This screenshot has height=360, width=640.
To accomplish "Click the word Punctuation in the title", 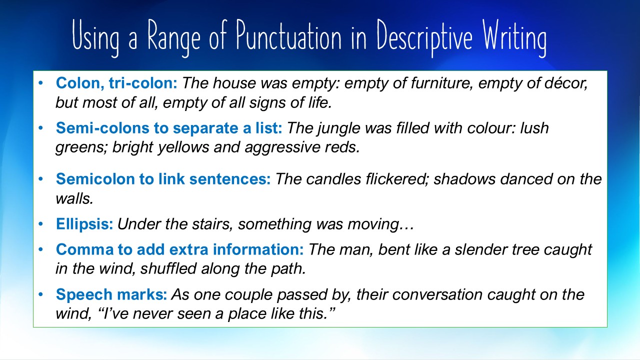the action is click(289, 37).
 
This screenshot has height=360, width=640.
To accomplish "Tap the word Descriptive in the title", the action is click(424, 37).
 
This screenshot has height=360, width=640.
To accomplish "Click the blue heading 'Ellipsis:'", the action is click(84, 223).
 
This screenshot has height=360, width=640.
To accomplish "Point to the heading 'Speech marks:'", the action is click(111, 294).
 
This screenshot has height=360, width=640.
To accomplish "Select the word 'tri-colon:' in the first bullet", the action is click(143, 83).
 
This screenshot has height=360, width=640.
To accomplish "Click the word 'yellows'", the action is click(183, 147).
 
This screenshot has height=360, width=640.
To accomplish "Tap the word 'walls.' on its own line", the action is click(74, 198).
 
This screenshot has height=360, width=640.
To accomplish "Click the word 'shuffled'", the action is click(168, 268).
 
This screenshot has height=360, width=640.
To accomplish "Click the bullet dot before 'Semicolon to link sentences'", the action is click(41, 179).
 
